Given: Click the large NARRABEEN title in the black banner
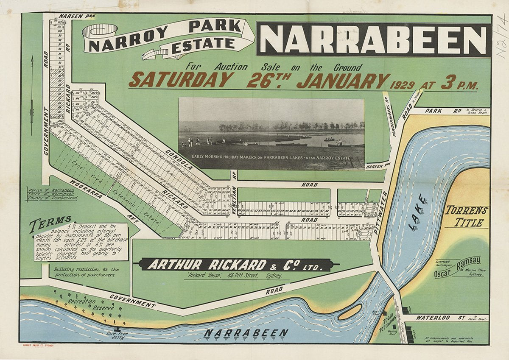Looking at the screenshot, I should pyautogui.click(x=373, y=39).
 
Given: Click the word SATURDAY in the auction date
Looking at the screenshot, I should pyautogui.click(x=180, y=80).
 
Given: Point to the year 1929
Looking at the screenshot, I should pyautogui.click(x=401, y=84).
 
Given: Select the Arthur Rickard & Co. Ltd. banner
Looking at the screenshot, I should pyautogui.click(x=235, y=265).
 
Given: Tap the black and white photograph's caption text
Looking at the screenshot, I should pyautogui.click(x=271, y=158).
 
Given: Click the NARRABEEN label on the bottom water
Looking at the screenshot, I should pyautogui.click(x=246, y=333).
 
